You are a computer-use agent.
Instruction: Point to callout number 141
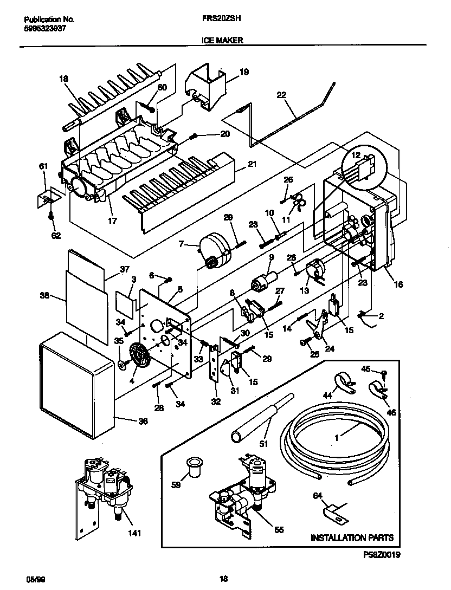(x=134, y=533)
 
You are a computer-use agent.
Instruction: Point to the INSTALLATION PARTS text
(x=352, y=538)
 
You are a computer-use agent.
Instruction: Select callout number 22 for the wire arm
(x=281, y=94)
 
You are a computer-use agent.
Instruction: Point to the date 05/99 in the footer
(x=33, y=579)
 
